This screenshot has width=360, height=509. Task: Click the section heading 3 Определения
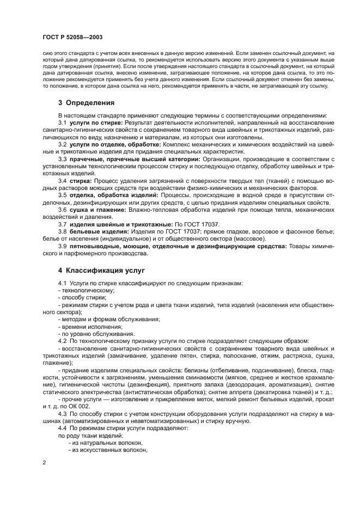tap(86, 102)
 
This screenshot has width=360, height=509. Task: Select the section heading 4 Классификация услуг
tap(102, 270)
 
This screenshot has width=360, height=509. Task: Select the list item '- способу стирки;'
tap(82, 298)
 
